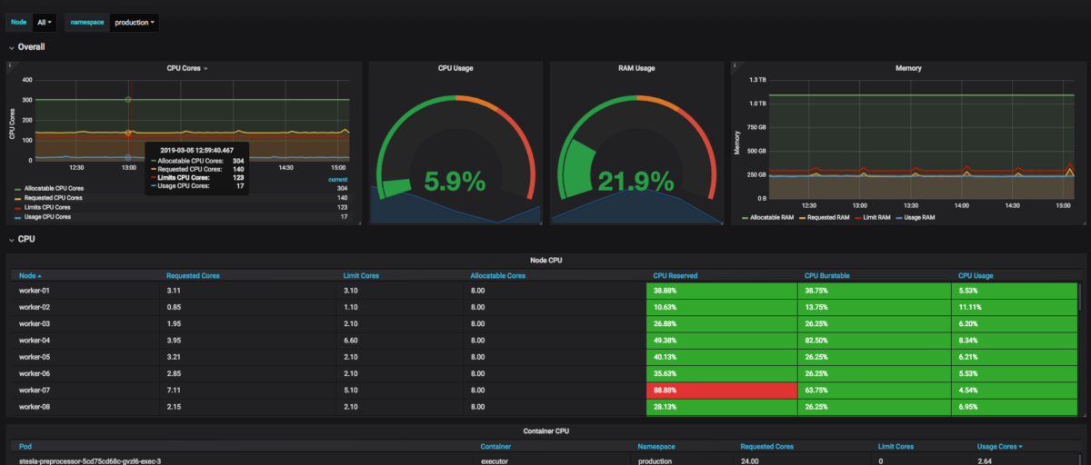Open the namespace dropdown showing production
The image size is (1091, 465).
coord(135,22)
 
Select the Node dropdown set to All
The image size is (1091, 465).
coord(44,22)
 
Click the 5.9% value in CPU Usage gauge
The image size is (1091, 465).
coord(455,182)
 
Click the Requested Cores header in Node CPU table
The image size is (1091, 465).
coord(193,275)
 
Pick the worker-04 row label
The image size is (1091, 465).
coord(35,340)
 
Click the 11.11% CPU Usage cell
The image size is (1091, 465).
coord(971,307)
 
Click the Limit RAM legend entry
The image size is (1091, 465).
coord(875,218)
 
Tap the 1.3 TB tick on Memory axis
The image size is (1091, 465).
coord(757,80)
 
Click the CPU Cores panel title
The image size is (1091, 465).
coord(185,68)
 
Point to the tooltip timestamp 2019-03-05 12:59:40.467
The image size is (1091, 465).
coord(196,150)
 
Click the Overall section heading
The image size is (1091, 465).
coord(32,46)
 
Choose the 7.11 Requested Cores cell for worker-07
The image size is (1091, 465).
coord(174,390)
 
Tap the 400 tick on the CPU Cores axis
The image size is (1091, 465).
coord(27,80)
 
